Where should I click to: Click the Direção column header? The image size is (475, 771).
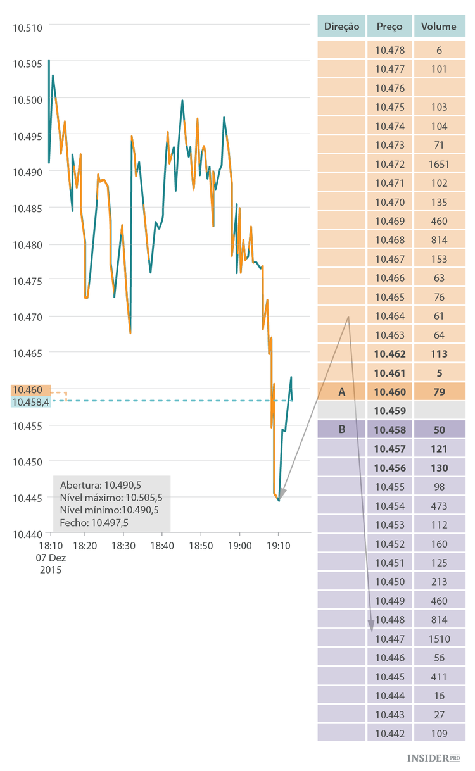coord(341,27)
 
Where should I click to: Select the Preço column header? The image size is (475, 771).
coord(389,27)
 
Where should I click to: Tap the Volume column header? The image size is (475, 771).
coord(440,27)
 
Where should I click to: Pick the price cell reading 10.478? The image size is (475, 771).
coord(389,51)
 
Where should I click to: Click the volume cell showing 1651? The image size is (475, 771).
coord(440,165)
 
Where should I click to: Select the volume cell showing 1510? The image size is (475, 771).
coord(440,639)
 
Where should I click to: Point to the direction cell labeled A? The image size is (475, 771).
coord(341,392)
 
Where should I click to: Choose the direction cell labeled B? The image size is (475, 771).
coord(341,430)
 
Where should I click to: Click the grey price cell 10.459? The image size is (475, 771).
coord(389,411)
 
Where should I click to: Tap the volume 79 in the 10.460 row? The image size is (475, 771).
coord(440,392)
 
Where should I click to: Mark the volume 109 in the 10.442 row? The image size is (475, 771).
coord(440,734)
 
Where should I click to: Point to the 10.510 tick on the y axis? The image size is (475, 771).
coord(27,27)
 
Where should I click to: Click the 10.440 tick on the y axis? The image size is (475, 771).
coord(27,534)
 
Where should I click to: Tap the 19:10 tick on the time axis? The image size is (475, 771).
coord(279,546)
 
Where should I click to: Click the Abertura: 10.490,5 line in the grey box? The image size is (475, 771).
coord(100,486)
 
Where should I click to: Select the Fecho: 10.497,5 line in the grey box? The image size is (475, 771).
coord(94,523)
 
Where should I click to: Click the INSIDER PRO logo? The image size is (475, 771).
coord(434,758)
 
